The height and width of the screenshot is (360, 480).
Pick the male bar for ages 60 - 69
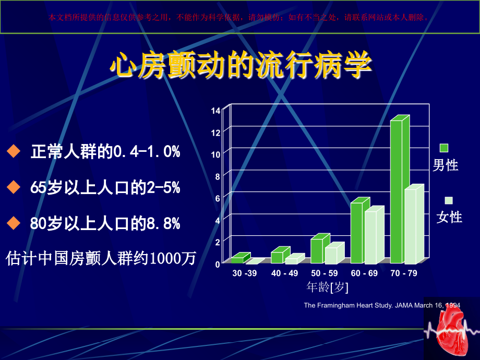(x=356, y=233)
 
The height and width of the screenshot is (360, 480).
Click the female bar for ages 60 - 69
(x=370, y=237)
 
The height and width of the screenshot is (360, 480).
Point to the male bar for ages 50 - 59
(x=317, y=250)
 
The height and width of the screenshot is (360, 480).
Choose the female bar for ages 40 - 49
(x=291, y=260)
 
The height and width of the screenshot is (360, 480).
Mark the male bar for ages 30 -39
(x=237, y=260)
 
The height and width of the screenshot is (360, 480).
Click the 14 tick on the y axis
(x=216, y=111)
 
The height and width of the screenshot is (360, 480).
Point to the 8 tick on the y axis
(x=218, y=176)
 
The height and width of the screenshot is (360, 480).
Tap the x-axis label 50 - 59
(x=324, y=273)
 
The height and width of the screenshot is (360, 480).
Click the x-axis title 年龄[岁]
(x=327, y=287)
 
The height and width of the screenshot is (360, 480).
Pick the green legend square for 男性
(x=444, y=148)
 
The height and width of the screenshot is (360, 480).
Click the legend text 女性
(x=449, y=217)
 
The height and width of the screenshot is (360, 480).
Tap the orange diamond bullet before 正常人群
(x=13, y=152)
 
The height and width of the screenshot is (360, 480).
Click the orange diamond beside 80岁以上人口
(x=13, y=223)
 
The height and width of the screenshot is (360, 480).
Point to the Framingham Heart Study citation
(x=382, y=305)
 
